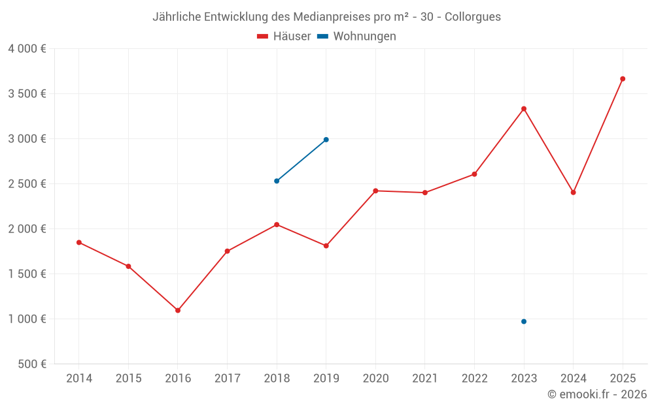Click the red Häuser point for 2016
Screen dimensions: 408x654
[x=178, y=310]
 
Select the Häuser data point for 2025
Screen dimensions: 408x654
[x=623, y=79]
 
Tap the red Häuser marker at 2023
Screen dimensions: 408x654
[x=524, y=109]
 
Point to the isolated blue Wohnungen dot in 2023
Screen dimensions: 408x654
[x=524, y=321]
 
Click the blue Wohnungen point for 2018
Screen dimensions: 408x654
[x=277, y=181]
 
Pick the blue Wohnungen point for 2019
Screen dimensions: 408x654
[x=326, y=140]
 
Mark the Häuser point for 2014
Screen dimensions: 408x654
[x=79, y=242]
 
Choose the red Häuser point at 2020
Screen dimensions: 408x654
[x=375, y=191]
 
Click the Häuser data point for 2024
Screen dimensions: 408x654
[x=574, y=193]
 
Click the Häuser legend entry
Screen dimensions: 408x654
[x=284, y=37]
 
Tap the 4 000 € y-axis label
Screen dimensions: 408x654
[x=27, y=49]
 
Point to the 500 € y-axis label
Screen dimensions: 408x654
[x=31, y=364]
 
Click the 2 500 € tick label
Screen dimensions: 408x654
[x=27, y=184]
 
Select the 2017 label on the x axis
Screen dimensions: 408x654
[x=227, y=379]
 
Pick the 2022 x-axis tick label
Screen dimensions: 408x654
[x=474, y=379]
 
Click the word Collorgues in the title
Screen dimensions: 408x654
[x=473, y=17]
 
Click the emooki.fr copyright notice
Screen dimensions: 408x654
[x=597, y=394]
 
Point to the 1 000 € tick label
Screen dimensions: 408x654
[x=27, y=319]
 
